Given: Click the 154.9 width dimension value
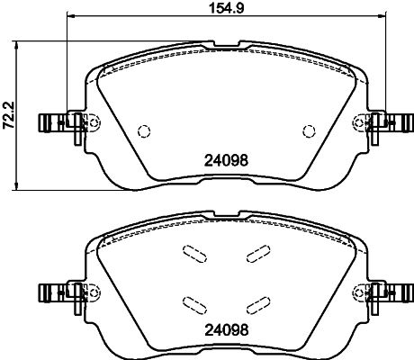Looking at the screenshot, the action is click(226, 8).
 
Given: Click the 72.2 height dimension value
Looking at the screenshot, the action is click(9, 115).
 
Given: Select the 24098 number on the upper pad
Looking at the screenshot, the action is click(226, 160).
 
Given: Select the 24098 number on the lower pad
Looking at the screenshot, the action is click(227, 330).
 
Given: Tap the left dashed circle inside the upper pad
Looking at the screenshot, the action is click(144, 130).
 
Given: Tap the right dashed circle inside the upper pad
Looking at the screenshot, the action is click(309, 130).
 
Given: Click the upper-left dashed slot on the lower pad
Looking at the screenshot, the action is click(194, 254).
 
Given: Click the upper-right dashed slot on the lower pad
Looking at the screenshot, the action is click(258, 254).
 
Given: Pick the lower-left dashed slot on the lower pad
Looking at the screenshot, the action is click(194, 305).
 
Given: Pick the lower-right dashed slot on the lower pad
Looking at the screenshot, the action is click(258, 305).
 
